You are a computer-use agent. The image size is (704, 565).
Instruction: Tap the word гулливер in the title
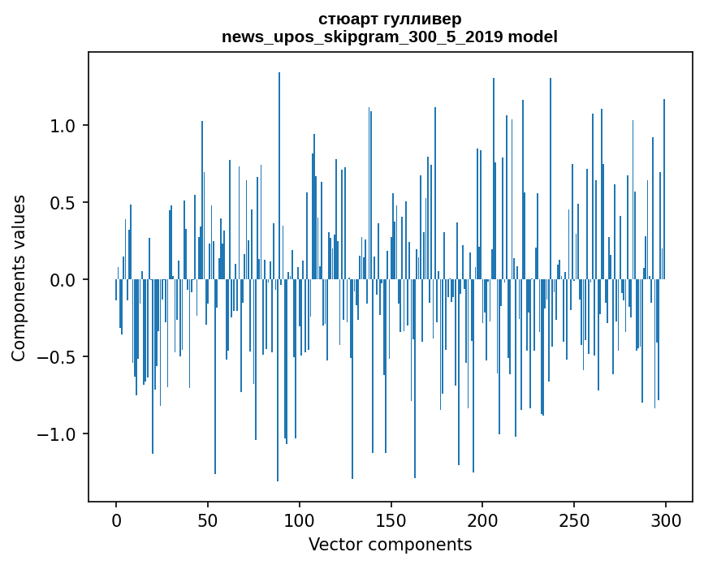tap(421, 19)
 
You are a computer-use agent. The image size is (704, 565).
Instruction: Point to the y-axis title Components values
tap(19, 278)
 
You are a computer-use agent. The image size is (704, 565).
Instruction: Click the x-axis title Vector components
tap(390, 544)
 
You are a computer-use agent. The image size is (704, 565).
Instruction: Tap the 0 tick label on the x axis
tap(116, 520)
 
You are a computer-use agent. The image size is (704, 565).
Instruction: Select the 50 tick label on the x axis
tap(208, 520)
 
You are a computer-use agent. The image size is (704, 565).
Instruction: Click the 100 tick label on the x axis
tap(300, 520)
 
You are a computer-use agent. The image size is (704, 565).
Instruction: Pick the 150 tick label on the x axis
tap(391, 520)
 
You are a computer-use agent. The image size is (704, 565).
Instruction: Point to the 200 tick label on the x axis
tap(482, 520)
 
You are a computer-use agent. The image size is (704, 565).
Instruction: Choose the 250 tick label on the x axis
tap(574, 520)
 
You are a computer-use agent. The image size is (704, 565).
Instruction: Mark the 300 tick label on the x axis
tap(666, 520)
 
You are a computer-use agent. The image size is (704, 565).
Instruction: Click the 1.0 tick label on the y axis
tap(63, 126)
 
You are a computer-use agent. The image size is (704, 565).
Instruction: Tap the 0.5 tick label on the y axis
tap(63, 203)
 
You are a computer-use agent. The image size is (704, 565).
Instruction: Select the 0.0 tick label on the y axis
tap(63, 280)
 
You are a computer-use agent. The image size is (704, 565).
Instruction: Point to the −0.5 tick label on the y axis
tap(57, 357)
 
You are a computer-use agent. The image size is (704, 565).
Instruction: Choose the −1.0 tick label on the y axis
tap(57, 434)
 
